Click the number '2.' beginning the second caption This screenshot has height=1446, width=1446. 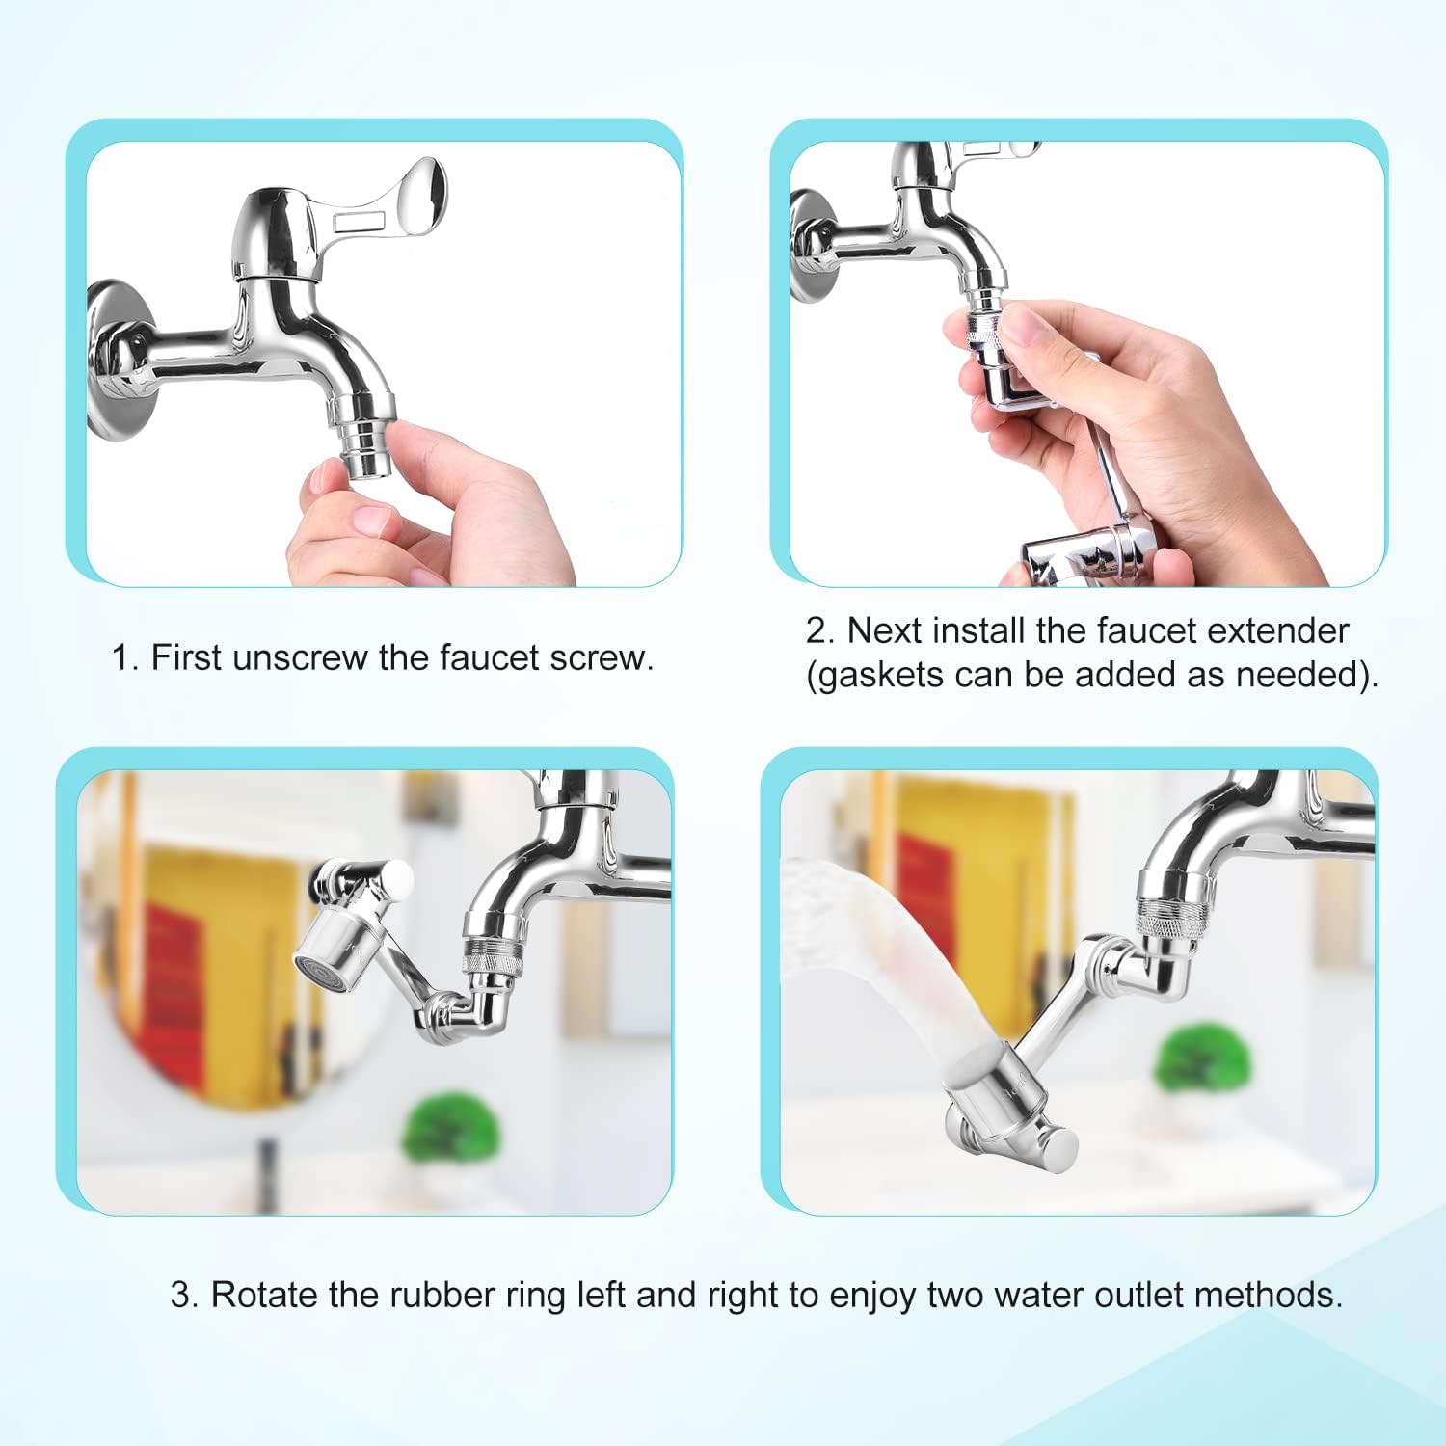pos(820,630)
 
